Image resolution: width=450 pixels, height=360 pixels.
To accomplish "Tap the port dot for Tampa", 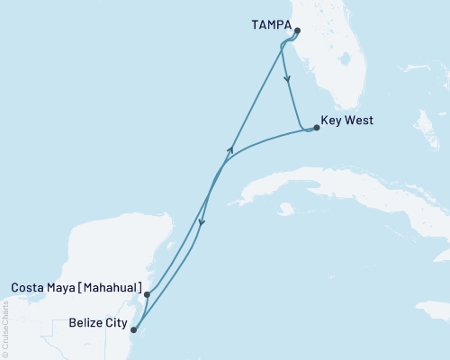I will tap(297, 31).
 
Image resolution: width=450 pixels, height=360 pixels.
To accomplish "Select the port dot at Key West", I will tap(316, 128).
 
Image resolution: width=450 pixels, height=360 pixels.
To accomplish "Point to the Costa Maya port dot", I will tap(146, 293).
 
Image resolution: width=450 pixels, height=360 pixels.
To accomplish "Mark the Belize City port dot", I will tap(133, 329).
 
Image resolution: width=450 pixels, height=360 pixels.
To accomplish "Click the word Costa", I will tap(28, 288).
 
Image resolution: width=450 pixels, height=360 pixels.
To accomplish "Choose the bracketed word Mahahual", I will tap(111, 288).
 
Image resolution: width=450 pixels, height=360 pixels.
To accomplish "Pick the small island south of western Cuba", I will tap(286, 209).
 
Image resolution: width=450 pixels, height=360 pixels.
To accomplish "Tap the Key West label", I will tap(347, 121).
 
